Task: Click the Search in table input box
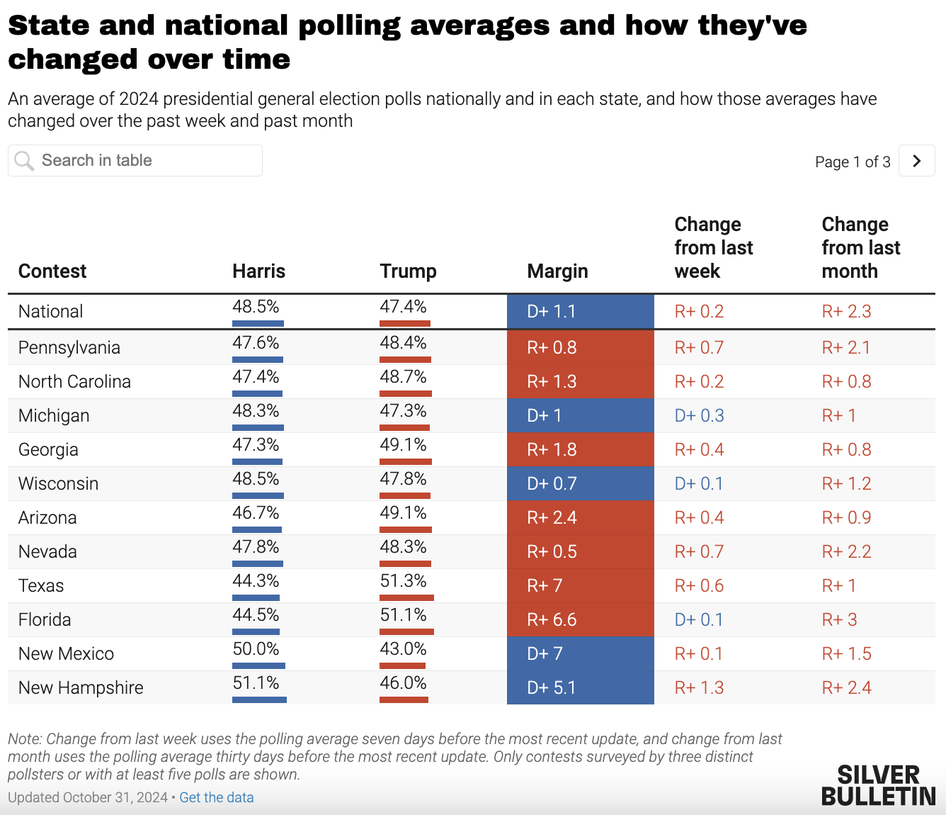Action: click(135, 161)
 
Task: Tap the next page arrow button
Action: click(916, 161)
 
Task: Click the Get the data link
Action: click(216, 797)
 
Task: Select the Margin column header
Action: click(557, 271)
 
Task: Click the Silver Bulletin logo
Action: click(878, 785)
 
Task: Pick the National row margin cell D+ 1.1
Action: click(580, 312)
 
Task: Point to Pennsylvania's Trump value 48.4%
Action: click(403, 343)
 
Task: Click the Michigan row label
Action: click(54, 416)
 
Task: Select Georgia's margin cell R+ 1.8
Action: click(580, 450)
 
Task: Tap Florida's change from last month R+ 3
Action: click(839, 620)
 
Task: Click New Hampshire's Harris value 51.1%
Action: click(256, 683)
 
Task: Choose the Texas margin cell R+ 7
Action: click(580, 586)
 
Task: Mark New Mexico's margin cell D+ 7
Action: click(580, 654)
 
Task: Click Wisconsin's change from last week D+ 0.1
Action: click(698, 484)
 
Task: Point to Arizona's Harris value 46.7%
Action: click(256, 513)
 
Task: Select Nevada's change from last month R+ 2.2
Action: click(846, 552)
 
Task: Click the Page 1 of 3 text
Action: click(853, 162)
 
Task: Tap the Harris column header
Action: click(258, 271)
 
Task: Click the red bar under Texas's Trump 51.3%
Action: click(406, 597)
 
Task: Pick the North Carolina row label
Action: click(74, 382)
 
